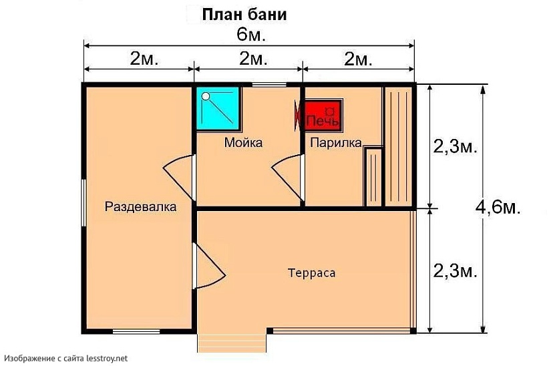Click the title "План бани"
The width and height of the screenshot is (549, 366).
(x=245, y=14)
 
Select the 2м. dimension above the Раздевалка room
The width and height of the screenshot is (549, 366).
(x=144, y=59)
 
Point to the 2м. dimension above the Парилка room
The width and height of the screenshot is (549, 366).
(x=358, y=59)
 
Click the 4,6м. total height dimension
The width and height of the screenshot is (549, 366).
(x=498, y=207)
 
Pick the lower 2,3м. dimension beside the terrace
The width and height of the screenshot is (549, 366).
(x=455, y=270)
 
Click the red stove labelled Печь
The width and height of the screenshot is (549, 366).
(x=323, y=116)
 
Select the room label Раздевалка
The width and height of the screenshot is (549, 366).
(x=140, y=207)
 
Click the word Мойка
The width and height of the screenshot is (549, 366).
(x=243, y=142)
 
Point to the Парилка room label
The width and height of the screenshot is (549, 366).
(x=335, y=142)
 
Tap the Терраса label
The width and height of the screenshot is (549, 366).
(x=311, y=273)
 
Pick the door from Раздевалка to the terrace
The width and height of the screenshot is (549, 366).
(x=208, y=266)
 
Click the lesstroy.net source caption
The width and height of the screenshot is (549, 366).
(x=65, y=359)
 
